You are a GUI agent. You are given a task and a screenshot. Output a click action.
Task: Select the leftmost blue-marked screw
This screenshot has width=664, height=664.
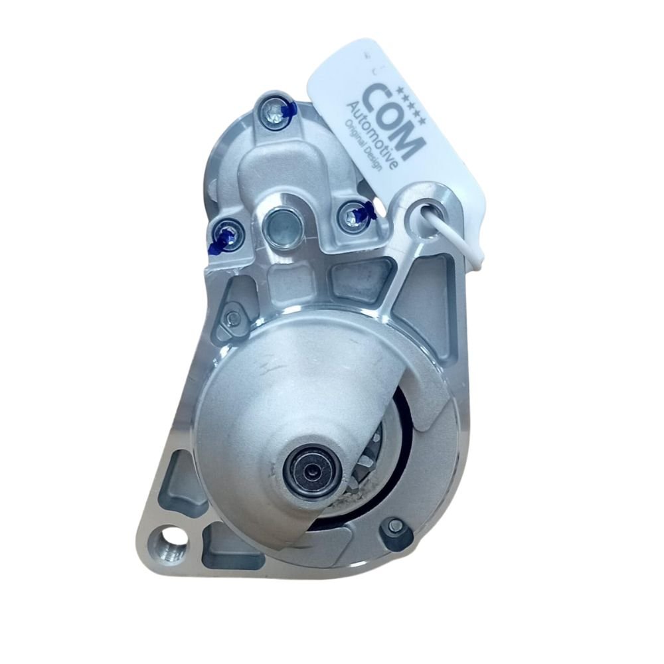click(226, 237)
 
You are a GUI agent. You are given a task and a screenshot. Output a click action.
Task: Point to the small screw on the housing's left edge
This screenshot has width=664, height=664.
click(232, 317)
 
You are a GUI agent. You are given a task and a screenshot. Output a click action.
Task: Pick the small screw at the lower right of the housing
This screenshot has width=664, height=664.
click(394, 526)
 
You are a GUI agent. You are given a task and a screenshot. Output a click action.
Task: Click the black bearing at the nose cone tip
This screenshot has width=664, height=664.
click(311, 469)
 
